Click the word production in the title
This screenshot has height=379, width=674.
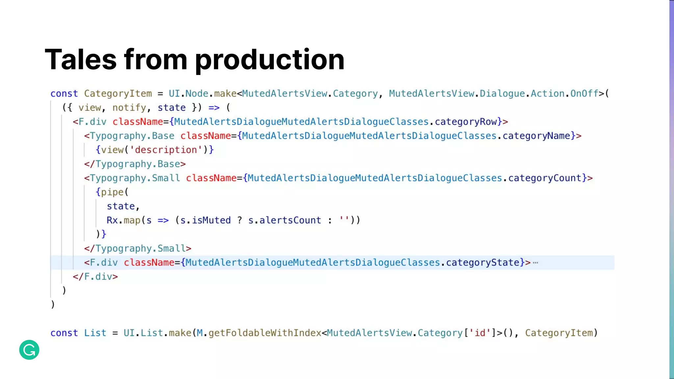[x=270, y=60]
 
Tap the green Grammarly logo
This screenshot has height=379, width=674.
[x=29, y=350]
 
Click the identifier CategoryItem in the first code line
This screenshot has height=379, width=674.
[x=118, y=94]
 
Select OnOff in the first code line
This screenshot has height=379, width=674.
[x=584, y=94]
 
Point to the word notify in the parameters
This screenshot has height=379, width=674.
[x=129, y=108]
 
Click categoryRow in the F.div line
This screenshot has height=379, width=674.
[x=466, y=122]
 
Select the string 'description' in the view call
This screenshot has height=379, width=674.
[x=166, y=150]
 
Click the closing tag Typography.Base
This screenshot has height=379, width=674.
[x=138, y=164]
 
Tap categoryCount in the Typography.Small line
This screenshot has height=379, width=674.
[x=545, y=178]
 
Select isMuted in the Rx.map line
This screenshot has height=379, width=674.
[x=211, y=220]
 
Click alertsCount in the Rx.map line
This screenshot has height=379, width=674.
[x=290, y=220]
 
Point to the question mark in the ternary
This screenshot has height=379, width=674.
[x=240, y=220]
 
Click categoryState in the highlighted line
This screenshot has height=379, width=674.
[x=482, y=263]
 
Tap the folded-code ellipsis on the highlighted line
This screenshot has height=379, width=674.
[x=535, y=263]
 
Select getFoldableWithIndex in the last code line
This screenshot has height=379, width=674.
[x=265, y=333]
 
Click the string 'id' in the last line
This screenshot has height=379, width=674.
[x=480, y=333]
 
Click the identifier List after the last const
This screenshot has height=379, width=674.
[x=95, y=333]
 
